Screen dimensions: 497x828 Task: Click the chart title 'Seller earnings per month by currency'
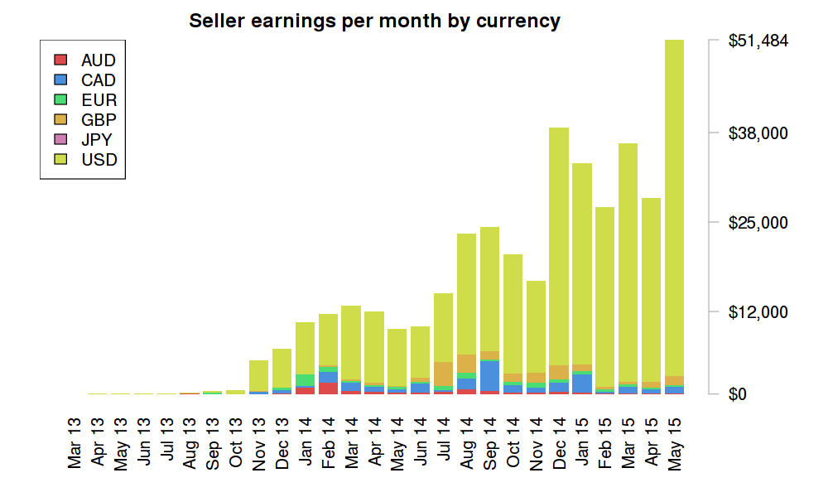374,21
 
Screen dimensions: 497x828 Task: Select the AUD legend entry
98,60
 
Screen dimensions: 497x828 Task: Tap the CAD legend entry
98,80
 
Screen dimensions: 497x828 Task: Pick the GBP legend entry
98,120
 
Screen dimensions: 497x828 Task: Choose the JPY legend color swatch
60,140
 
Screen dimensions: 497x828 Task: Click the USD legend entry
98,160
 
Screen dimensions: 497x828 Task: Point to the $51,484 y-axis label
758,41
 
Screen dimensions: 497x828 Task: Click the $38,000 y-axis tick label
758,133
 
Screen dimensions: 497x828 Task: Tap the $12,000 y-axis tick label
758,312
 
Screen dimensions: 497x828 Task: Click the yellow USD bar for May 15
675,207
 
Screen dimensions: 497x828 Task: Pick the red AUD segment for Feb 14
328,388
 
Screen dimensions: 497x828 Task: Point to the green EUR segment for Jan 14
305,379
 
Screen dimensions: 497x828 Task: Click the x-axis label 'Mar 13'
76,447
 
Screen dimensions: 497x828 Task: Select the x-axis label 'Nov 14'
536,447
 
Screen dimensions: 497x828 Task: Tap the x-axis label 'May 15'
675,447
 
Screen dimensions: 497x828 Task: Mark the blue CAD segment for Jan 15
582,383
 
